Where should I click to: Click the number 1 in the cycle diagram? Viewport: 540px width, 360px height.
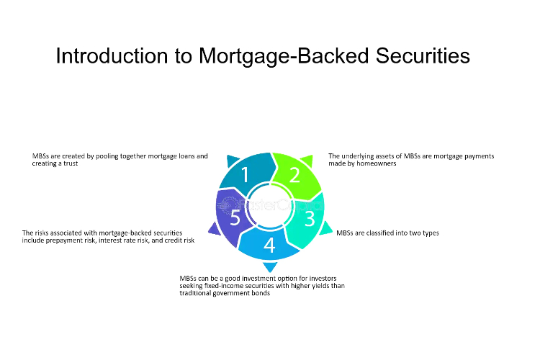pyautogui.click(x=245, y=174)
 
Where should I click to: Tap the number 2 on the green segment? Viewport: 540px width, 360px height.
pyautogui.click(x=294, y=175)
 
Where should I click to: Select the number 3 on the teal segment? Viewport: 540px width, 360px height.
pyautogui.click(x=310, y=218)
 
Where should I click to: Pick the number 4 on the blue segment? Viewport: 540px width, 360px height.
pyautogui.click(x=269, y=246)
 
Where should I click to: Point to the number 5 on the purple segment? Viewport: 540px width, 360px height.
pyautogui.click(x=235, y=217)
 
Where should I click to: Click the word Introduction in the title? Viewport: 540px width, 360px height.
pyautogui.click(x=112, y=56)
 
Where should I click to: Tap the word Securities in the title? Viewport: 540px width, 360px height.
pyautogui.click(x=423, y=56)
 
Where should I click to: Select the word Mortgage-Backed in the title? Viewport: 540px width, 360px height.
pyautogui.click(x=284, y=56)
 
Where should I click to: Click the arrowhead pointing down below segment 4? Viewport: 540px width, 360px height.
pyautogui.click(x=270, y=266)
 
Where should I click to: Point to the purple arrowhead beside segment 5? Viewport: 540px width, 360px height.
pyautogui.click(x=215, y=230)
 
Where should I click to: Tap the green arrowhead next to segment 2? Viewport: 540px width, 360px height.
pyautogui.click(x=307, y=160)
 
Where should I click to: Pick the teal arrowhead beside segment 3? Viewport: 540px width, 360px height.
pyautogui.click(x=325, y=228)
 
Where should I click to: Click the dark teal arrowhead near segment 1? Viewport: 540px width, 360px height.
pyautogui.click(x=232, y=161)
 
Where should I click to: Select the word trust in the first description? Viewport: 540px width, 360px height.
pyautogui.click(x=71, y=163)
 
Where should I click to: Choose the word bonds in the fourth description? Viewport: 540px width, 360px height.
pyautogui.click(x=261, y=293)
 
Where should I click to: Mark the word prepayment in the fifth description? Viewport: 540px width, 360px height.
pyautogui.click(x=63, y=240)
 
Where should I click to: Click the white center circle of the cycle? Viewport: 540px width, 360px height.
pyautogui.click(x=270, y=206)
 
